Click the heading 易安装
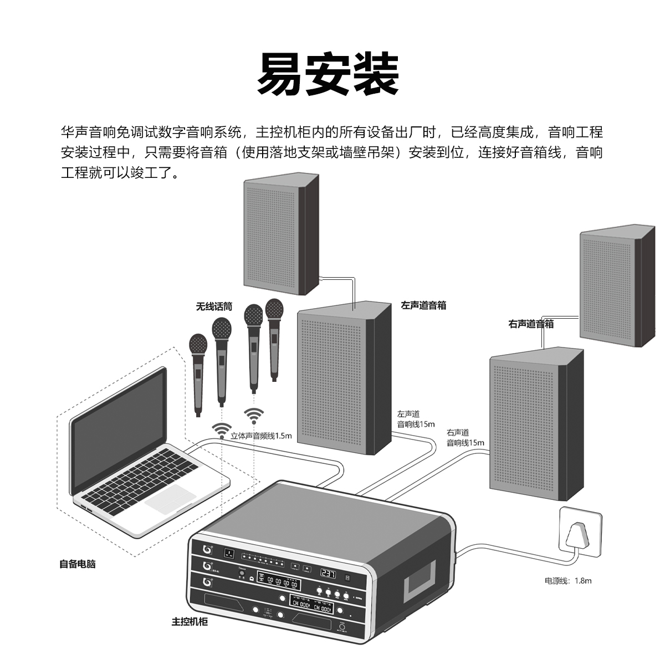click(x=328, y=74)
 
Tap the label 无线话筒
click(x=214, y=306)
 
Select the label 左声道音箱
click(x=423, y=305)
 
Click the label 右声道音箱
click(x=531, y=324)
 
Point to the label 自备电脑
click(x=78, y=564)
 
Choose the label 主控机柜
click(x=190, y=621)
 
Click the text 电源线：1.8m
click(x=568, y=581)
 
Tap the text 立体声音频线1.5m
click(x=261, y=436)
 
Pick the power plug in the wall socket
click(x=578, y=534)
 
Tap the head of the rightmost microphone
click(x=274, y=309)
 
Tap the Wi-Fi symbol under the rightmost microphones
click(x=254, y=415)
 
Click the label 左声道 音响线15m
click(x=416, y=419)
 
